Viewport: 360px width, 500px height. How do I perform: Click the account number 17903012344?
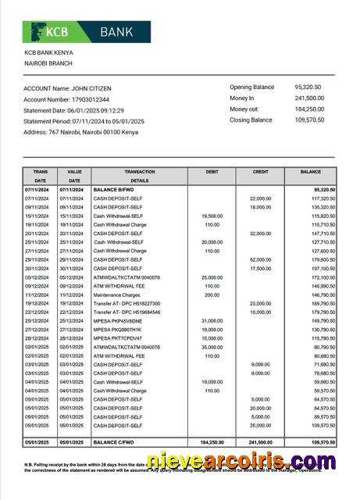click(87, 100)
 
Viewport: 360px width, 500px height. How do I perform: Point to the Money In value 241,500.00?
click(311, 98)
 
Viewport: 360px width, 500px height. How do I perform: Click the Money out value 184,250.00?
click(311, 109)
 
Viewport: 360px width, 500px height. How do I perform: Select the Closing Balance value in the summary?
click(311, 120)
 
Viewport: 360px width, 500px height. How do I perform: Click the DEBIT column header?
click(211, 171)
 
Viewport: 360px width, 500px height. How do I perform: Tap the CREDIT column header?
click(260, 171)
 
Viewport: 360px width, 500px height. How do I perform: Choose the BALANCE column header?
click(310, 171)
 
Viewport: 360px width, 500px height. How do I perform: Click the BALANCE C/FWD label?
click(116, 442)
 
